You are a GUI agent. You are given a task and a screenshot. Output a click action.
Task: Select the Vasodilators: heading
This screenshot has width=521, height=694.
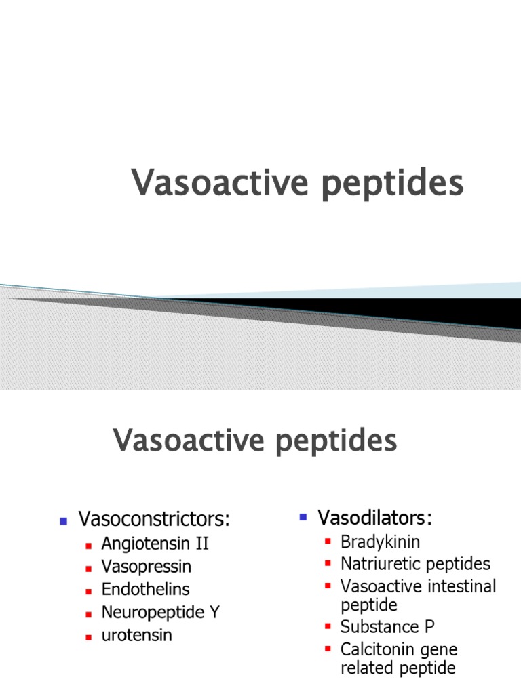pyautogui.click(x=375, y=518)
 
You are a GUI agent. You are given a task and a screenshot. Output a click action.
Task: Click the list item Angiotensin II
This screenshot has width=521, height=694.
pyautogui.click(x=155, y=544)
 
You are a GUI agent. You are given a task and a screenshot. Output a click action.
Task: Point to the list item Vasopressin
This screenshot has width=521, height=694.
pyautogui.click(x=147, y=567)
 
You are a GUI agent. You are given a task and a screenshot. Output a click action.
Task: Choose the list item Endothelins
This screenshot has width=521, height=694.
pyautogui.click(x=145, y=590)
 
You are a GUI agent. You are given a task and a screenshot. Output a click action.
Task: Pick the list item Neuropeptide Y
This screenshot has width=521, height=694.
pyautogui.click(x=161, y=613)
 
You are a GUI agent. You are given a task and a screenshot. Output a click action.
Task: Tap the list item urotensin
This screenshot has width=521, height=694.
pyautogui.click(x=137, y=636)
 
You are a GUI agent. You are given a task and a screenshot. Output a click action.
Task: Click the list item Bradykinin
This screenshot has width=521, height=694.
pyautogui.click(x=380, y=542)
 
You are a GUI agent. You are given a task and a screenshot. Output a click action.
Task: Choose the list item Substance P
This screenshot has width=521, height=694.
pyautogui.click(x=387, y=627)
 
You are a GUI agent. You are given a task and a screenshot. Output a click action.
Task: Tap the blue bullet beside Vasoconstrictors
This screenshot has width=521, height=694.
pyautogui.click(x=63, y=521)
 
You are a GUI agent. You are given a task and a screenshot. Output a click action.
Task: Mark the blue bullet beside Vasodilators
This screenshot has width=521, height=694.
pyautogui.click(x=303, y=518)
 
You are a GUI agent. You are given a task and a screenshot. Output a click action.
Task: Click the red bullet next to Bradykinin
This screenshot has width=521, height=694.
pyautogui.click(x=328, y=542)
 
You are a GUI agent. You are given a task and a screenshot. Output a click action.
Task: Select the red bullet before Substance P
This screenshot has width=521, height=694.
pyautogui.click(x=328, y=627)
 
